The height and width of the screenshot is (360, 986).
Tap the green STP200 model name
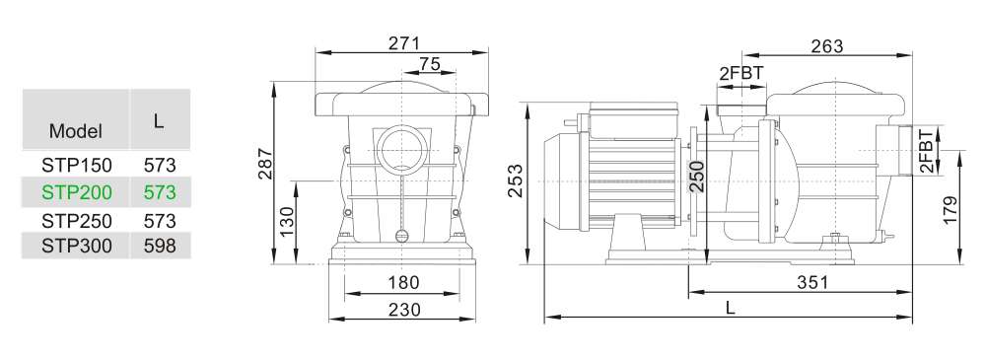[x=76, y=192]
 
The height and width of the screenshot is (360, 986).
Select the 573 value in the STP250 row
[x=159, y=220]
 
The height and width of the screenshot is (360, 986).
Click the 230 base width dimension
[x=404, y=309]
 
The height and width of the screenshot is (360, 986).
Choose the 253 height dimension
[x=516, y=181]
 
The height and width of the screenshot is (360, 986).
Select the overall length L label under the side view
[x=730, y=308]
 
